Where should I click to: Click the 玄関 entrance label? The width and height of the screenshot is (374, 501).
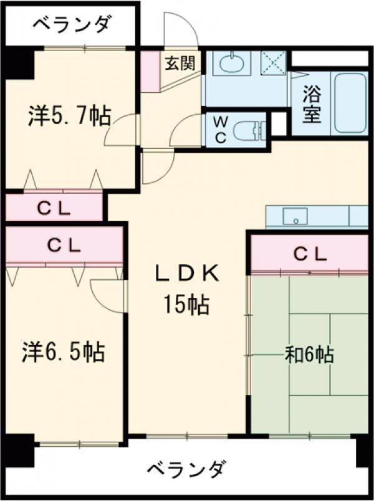pos(180,63)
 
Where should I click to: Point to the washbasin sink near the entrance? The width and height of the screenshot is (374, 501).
pos(232,64)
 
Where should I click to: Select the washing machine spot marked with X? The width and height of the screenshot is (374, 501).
pos(272,63)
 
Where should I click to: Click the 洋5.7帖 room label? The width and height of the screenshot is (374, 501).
pos(69,117)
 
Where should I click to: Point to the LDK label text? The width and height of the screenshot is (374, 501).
pos(186,273)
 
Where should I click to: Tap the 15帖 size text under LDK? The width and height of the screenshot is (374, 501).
pos(186,305)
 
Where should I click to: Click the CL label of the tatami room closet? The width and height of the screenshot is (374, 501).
pos(310,254)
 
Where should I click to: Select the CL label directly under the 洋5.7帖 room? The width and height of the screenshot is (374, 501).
pos(56,208)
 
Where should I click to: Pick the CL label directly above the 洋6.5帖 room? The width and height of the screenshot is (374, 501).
pos(65,246)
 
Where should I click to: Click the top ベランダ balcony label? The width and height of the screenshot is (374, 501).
pos(72,25)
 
